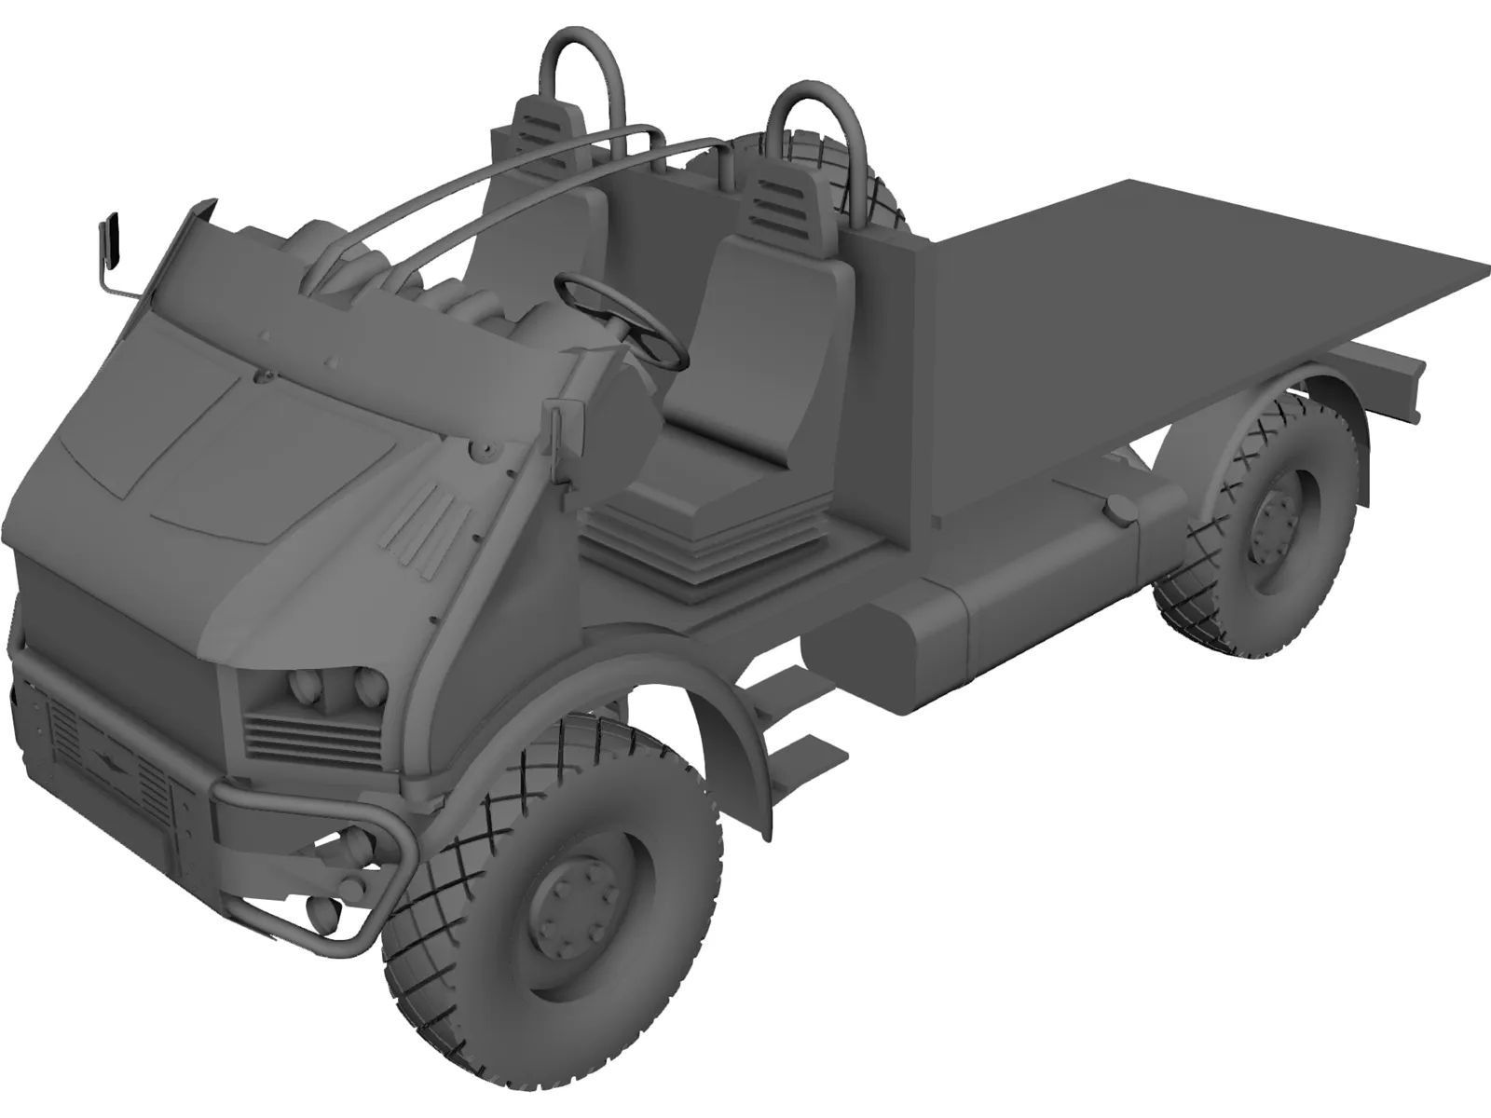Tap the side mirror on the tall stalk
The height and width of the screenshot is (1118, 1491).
113,238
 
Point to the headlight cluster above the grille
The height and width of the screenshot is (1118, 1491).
321,690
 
